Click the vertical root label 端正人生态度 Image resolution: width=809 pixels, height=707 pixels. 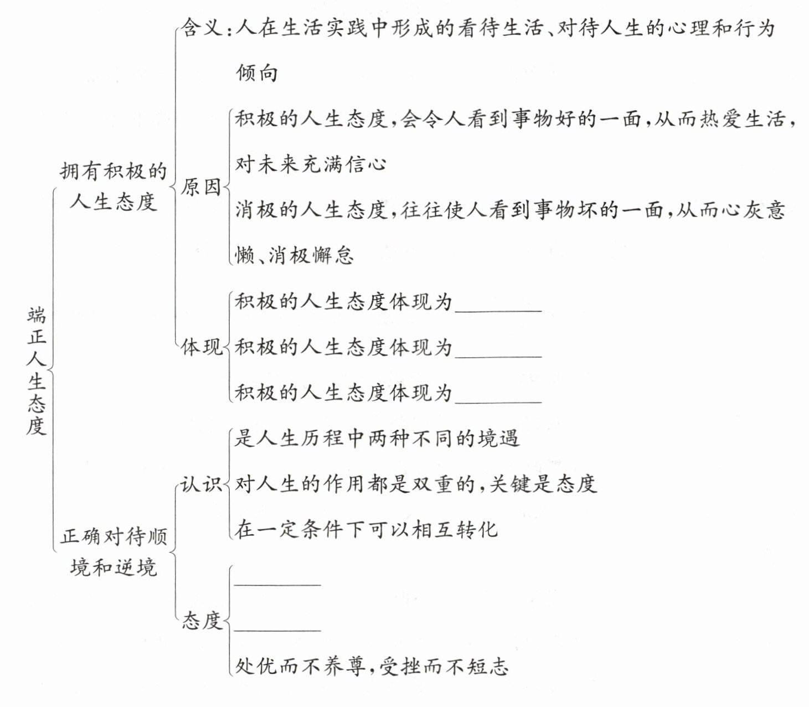(36, 370)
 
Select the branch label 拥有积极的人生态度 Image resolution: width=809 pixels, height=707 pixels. (113, 186)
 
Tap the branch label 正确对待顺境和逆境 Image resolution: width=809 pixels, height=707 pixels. (114, 551)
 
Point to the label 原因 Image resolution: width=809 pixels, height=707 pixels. (200, 187)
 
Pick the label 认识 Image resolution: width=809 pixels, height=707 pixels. (200, 484)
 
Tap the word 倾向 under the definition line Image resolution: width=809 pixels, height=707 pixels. (257, 73)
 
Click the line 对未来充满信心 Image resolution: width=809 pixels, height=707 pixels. (311, 164)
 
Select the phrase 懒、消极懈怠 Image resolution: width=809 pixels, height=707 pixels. (294, 255)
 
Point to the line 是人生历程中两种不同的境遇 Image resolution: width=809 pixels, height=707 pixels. (377, 438)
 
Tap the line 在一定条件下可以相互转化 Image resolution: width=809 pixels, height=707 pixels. (366, 530)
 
